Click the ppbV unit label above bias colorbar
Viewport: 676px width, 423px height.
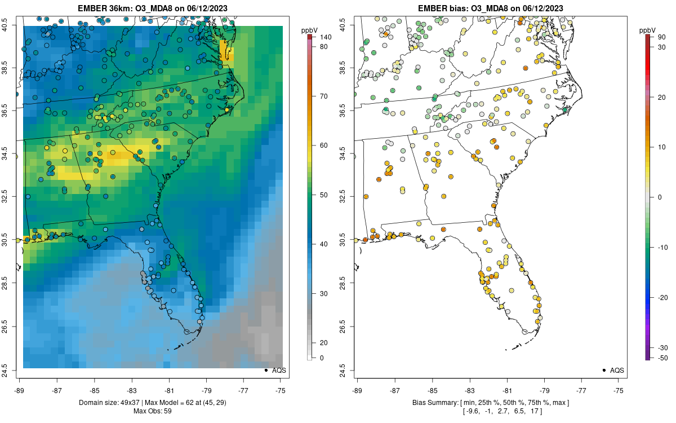point(647,30)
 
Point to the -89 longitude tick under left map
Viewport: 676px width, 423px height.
point(19,390)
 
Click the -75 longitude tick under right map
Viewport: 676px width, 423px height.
point(619,390)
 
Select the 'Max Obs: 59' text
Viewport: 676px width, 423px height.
point(152,411)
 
